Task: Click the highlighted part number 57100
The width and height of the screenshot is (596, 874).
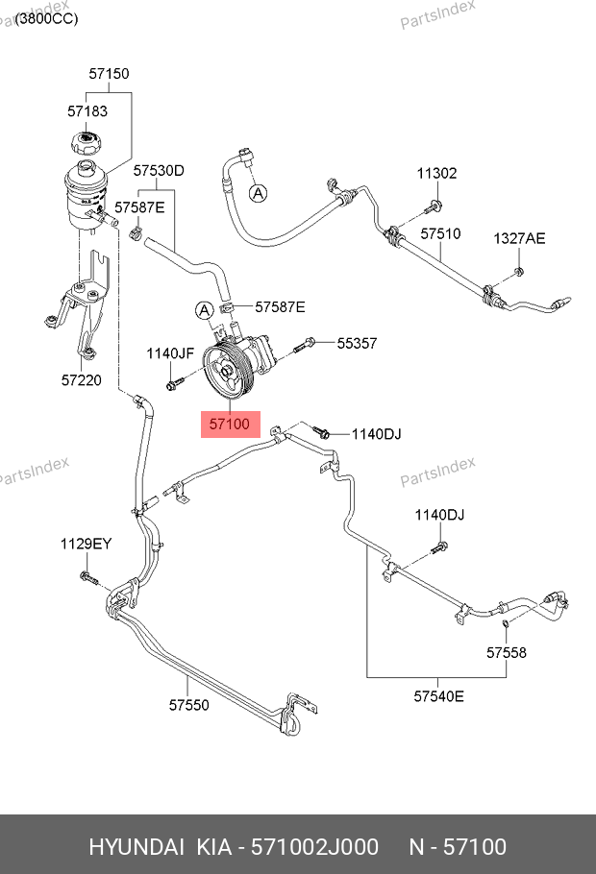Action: [x=230, y=422]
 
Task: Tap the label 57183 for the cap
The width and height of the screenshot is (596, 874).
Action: [x=87, y=111]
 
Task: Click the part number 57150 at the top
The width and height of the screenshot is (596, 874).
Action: [x=109, y=74]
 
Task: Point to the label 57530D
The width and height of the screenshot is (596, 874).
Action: [x=158, y=172]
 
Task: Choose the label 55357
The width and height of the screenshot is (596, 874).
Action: [x=357, y=342]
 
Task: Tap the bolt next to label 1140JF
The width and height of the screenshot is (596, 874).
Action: [x=174, y=384]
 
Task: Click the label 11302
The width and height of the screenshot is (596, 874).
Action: [x=436, y=174]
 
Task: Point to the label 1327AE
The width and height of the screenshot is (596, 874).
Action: [x=519, y=238]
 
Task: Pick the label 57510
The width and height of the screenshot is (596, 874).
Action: [x=440, y=233]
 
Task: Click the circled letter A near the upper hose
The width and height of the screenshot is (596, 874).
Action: [x=258, y=194]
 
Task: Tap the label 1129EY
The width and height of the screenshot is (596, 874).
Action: [x=87, y=544]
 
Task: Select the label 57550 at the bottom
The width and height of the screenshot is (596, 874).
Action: [x=189, y=705]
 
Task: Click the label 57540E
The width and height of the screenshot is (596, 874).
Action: [x=438, y=696]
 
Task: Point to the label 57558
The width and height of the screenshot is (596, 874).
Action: [x=506, y=653]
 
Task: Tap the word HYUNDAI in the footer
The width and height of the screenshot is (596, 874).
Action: [x=137, y=846]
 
